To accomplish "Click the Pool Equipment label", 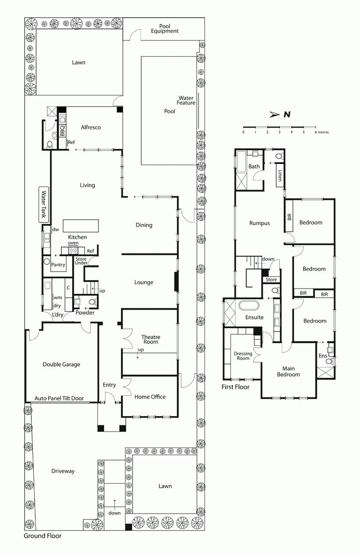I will (164, 28).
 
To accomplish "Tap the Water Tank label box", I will (44, 205).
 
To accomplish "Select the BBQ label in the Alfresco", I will (62, 131).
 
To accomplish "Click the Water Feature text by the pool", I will (186, 100).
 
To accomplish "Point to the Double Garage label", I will (61, 365).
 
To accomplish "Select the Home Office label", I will (150, 397).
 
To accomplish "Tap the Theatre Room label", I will (150, 339).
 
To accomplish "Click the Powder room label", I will (85, 313).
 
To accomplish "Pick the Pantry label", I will (58, 265).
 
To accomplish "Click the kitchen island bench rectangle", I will (80, 226).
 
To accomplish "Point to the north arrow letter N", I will (287, 114).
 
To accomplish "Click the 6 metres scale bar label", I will (321, 132).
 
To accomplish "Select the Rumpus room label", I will (259, 223).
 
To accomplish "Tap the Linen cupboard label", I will (280, 176).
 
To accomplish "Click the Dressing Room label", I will (243, 356).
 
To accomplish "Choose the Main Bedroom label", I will (288, 371).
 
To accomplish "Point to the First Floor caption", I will (235, 386).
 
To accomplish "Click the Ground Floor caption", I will (42, 536).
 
